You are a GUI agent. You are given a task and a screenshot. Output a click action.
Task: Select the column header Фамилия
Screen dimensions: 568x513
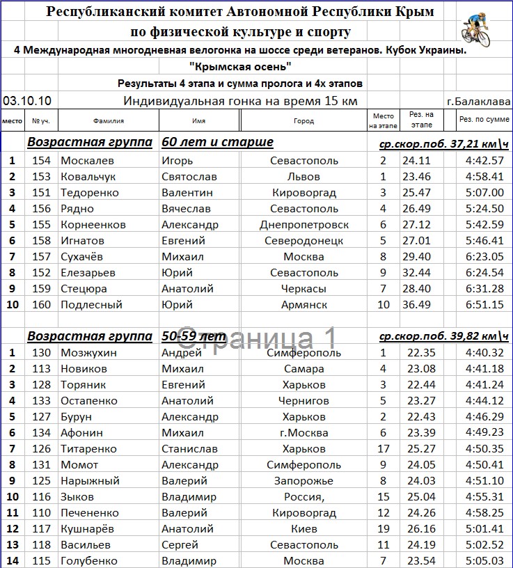pos(108,120)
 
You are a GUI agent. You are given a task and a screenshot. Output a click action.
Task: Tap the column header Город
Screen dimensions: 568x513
pos(303,120)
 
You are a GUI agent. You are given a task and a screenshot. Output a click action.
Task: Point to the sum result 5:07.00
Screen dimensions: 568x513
pos(484,193)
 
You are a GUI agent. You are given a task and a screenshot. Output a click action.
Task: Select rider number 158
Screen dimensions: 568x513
pos(42,241)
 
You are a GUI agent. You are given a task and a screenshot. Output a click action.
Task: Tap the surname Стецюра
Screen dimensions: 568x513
pos(84,289)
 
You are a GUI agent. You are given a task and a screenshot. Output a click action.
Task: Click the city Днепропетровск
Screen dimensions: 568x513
pos(303,225)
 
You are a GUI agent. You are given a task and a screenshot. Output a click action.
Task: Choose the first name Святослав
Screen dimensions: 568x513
pos(189,177)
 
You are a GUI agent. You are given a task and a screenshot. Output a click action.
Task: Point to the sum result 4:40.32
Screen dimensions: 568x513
pos(484,353)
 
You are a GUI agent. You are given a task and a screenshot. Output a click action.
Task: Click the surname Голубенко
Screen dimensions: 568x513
pos(90,561)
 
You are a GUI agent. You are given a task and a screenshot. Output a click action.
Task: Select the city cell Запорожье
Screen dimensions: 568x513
pos(303,481)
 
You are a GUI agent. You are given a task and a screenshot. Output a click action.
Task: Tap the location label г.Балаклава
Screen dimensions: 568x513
pos(478,102)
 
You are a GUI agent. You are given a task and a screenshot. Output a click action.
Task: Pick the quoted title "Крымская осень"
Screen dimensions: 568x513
pos(240,67)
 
